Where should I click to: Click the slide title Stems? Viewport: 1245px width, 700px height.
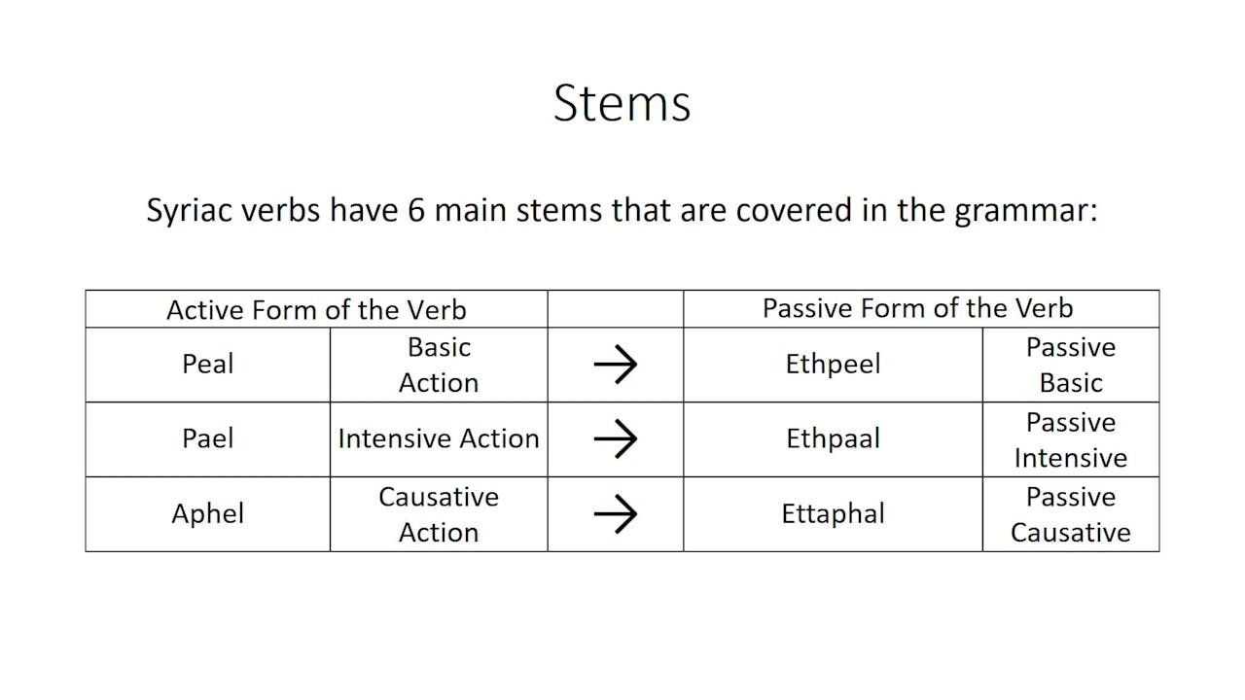(622, 103)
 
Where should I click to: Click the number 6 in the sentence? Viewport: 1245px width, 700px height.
(415, 210)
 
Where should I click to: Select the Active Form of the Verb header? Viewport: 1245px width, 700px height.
(316, 309)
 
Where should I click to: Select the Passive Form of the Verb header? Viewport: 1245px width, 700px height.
(917, 308)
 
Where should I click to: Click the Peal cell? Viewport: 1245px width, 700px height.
(207, 365)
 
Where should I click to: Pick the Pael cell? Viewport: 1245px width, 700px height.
(207, 438)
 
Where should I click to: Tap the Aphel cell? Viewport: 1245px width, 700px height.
(207, 513)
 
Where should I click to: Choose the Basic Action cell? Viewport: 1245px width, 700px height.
(439, 365)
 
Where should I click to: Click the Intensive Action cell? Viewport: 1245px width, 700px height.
(439, 438)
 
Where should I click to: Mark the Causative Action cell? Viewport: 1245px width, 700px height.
(439, 513)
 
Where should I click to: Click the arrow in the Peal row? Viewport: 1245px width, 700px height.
(615, 365)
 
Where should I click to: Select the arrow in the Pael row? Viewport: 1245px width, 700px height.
(615, 438)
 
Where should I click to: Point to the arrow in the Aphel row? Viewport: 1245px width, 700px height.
(615, 513)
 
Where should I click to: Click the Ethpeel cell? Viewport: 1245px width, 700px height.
(833, 365)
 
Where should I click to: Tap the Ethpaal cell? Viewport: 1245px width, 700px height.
(833, 438)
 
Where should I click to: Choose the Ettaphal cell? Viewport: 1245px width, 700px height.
(833, 513)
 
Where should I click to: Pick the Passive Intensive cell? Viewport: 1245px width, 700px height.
(1070, 439)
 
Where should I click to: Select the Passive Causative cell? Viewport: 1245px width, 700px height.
(1070, 514)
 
